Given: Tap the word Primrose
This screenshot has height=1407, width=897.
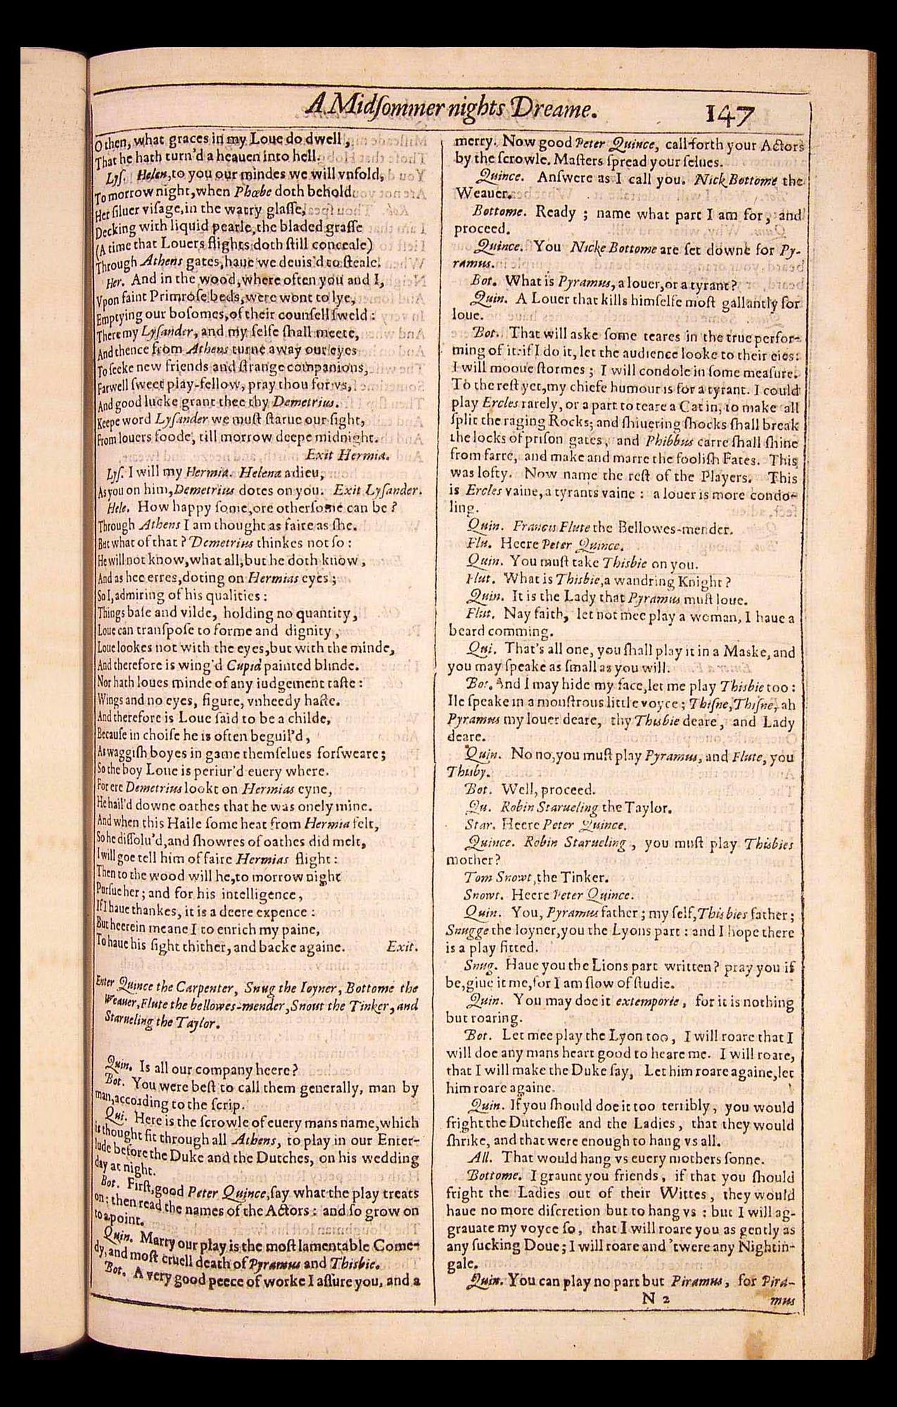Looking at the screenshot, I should (x=179, y=298).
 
